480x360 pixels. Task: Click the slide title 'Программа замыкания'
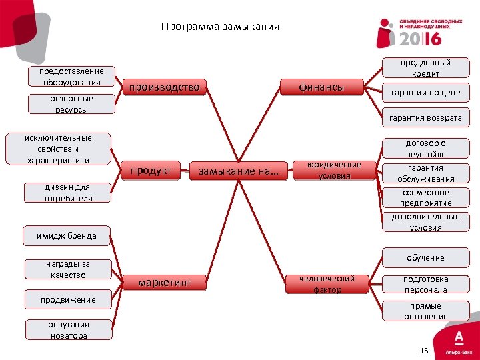click(220, 28)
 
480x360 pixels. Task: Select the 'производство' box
click(164, 87)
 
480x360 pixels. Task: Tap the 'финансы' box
click(321, 87)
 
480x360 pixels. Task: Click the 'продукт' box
click(151, 171)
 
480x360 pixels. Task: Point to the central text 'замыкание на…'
click(239, 172)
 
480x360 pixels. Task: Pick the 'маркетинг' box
click(164, 283)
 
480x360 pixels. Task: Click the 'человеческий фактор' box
click(327, 284)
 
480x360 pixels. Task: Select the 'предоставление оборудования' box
click(71, 77)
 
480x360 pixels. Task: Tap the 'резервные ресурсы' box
click(71, 104)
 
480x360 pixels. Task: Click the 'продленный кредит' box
click(425, 68)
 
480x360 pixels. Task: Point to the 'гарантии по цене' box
click(425, 93)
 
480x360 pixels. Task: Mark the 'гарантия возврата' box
click(425, 118)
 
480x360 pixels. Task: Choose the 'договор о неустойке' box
click(425, 149)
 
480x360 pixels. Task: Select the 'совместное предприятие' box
click(425, 198)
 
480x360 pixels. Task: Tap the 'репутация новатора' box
click(68, 330)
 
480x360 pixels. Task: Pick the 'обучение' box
click(425, 258)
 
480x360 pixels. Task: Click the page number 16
click(424, 351)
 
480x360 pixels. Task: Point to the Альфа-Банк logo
click(459, 340)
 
